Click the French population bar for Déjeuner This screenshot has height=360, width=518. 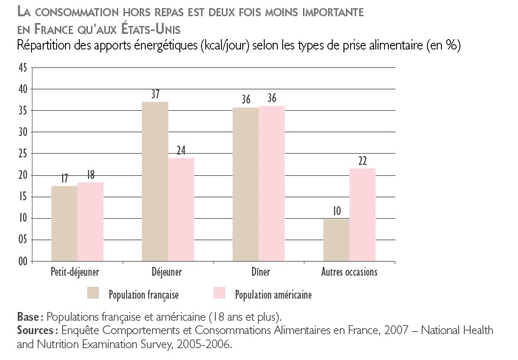pos(155,181)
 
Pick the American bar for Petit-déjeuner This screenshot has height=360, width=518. pos(90,222)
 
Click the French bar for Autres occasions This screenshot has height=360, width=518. pos(336,240)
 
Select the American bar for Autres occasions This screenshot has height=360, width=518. pos(362,214)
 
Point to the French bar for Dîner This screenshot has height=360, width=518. pos(246,184)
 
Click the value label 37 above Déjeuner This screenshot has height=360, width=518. pos(155,95)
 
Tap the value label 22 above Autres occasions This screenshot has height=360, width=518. pos(362,161)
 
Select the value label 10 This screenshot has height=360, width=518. pos(336,211)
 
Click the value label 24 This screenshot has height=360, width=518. pos(181,151)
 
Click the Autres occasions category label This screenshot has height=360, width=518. pos(349,272)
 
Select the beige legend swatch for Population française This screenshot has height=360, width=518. pos(93,293)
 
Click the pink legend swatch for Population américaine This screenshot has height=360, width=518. pos(219,293)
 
